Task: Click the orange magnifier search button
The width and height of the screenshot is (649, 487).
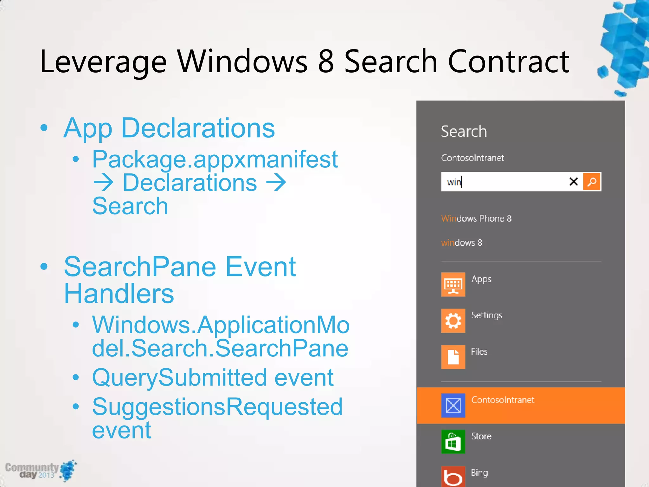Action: point(592,182)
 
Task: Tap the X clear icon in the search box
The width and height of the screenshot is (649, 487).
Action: point(574,182)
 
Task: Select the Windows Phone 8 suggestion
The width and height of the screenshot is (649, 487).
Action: point(476,218)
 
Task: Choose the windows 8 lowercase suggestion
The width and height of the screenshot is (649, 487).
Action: point(461,243)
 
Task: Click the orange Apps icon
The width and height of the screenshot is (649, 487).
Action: point(453,284)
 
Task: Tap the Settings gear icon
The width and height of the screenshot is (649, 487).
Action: point(453,321)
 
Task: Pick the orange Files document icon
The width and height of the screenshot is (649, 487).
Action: point(453,357)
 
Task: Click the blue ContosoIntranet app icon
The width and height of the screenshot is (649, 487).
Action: point(453,405)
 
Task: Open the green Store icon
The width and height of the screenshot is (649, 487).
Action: point(453,442)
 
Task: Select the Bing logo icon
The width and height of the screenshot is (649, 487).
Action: point(453,477)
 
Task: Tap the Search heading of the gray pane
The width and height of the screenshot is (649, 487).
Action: point(464,131)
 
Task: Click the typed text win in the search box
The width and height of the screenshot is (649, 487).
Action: point(454,182)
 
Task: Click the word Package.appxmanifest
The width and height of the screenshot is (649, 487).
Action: point(215,159)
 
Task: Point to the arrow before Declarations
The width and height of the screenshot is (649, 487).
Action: point(103,183)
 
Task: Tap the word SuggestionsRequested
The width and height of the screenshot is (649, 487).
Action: point(217,407)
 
